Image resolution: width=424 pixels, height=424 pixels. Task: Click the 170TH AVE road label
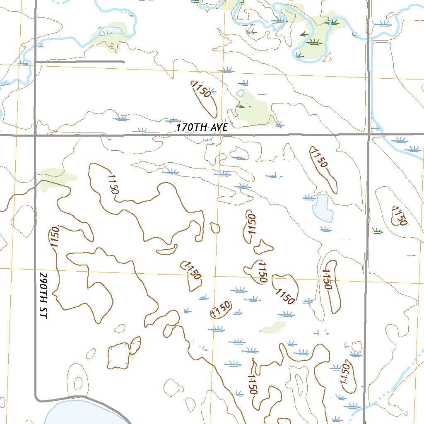click(202, 128)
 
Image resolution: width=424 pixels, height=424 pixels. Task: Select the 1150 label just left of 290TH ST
click(55, 237)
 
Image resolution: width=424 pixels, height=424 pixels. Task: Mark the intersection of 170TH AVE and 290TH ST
click(35, 135)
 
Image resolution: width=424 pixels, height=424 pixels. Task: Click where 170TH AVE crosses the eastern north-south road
click(369, 134)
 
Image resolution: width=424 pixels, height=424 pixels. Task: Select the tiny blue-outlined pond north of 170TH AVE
click(240, 94)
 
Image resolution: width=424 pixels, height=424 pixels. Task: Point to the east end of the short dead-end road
click(123, 62)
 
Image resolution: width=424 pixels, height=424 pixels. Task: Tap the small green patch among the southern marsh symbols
click(274, 327)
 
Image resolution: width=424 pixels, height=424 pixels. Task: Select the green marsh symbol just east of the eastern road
click(377, 231)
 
